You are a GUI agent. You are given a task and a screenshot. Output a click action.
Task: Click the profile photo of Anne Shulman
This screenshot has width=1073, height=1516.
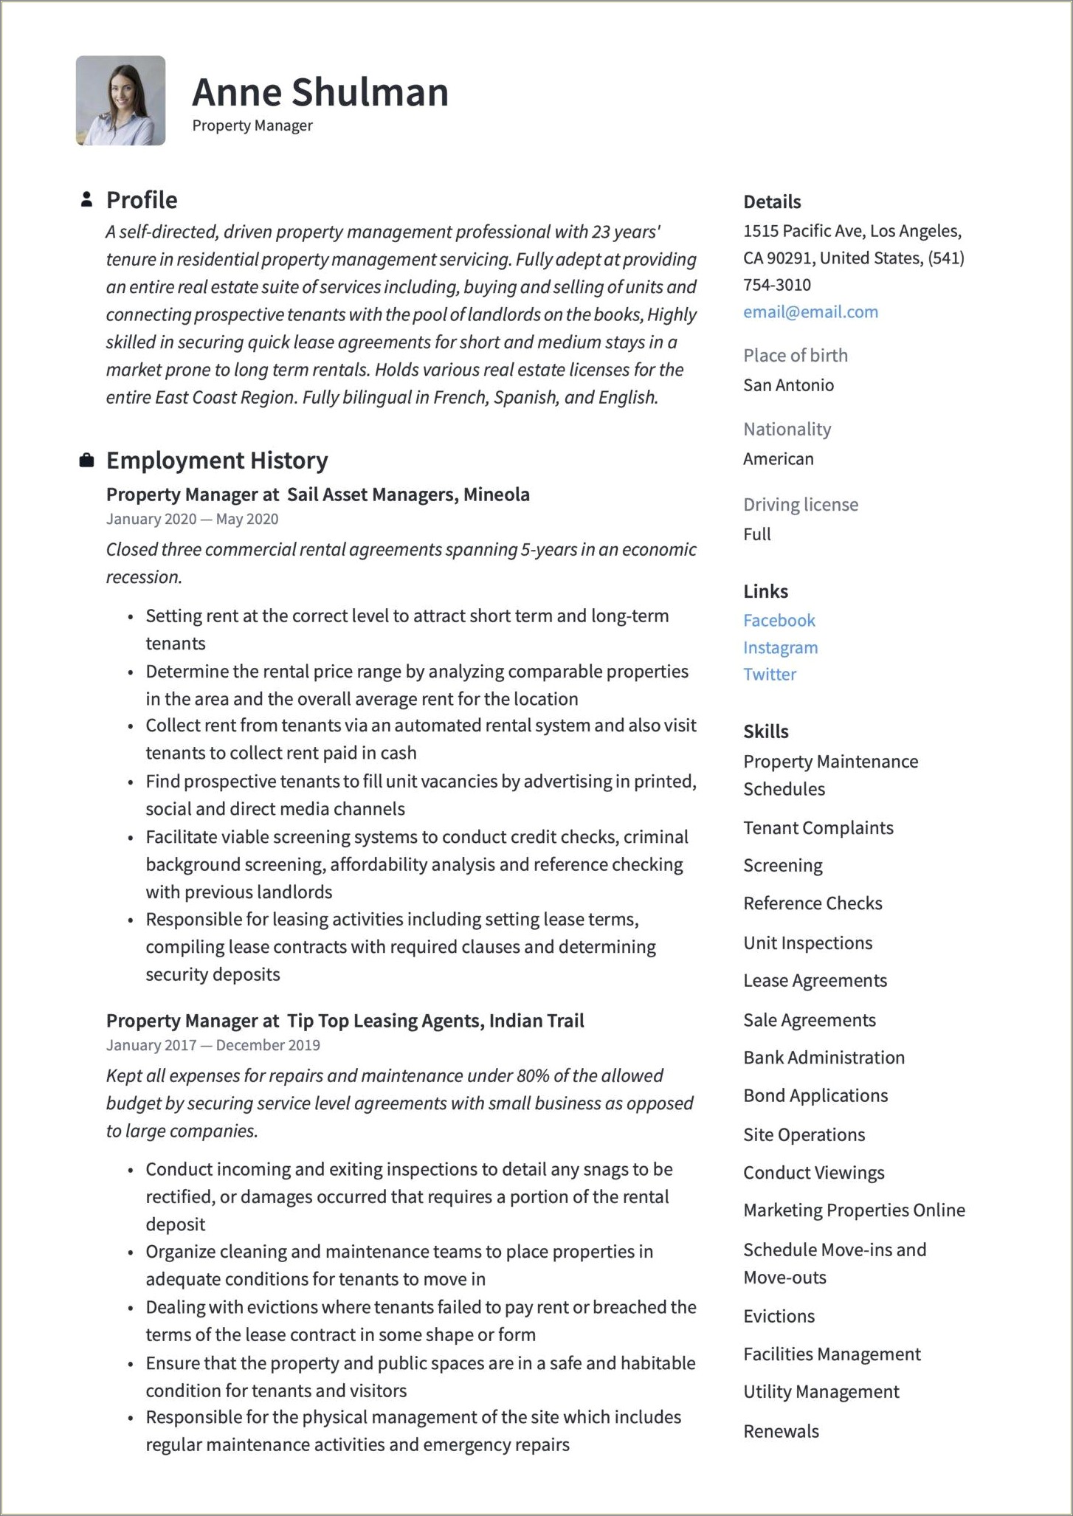[120, 100]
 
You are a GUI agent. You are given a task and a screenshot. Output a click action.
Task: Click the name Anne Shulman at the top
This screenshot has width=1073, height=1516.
[320, 92]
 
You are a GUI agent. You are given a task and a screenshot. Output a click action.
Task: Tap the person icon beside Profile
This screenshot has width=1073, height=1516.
[86, 199]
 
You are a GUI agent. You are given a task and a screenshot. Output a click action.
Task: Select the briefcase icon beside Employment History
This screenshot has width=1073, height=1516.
[86, 461]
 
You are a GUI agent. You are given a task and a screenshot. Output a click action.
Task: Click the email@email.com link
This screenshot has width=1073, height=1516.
[810, 311]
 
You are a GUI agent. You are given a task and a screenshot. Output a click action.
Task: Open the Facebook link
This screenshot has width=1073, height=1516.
[779, 620]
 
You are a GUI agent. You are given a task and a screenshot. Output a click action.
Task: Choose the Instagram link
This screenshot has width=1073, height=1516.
[780, 647]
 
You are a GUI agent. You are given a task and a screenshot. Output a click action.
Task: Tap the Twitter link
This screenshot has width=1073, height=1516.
[769, 674]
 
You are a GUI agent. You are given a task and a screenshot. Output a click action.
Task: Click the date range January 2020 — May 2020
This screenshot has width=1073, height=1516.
[192, 519]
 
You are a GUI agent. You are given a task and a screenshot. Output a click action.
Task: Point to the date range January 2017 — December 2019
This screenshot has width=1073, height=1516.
[213, 1045]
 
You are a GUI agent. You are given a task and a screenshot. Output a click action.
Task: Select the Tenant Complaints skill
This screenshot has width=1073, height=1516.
[818, 827]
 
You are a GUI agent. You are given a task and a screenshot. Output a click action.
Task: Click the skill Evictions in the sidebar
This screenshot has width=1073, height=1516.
[779, 1316]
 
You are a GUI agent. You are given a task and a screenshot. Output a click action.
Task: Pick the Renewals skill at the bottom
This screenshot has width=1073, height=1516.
[781, 1431]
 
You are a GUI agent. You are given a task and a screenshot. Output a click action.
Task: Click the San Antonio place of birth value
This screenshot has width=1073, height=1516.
[788, 385]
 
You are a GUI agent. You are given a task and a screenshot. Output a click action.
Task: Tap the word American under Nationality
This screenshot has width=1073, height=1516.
[778, 458]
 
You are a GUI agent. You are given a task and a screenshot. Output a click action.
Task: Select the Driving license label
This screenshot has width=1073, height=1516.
[800, 504]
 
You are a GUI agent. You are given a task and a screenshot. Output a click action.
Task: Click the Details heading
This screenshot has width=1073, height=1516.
[771, 201]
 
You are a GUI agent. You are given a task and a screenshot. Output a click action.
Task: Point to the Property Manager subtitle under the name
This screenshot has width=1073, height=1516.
[252, 125]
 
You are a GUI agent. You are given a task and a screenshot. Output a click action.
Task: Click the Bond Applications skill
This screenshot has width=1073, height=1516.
[815, 1095]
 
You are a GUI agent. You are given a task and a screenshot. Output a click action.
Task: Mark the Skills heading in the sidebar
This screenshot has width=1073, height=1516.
[765, 731]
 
